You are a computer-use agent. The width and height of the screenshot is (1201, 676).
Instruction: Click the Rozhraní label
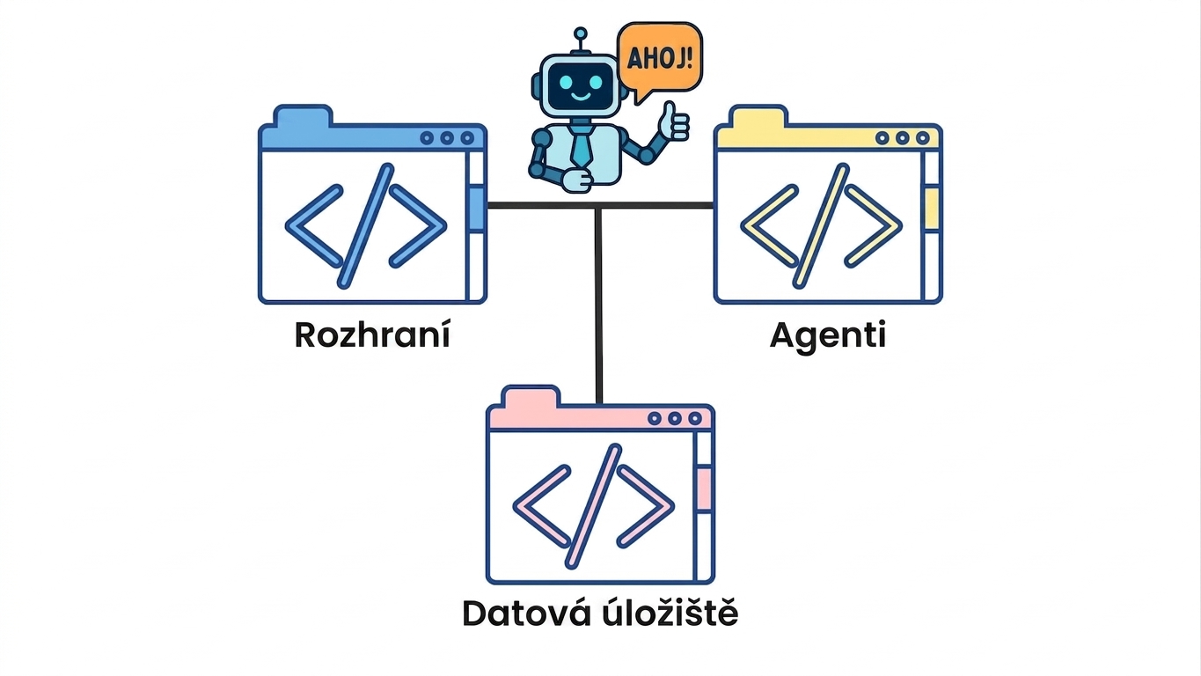[x=372, y=334]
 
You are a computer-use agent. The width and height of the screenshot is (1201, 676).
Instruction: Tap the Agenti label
[x=828, y=337]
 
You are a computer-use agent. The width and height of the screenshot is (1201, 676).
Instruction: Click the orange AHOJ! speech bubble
[x=660, y=59]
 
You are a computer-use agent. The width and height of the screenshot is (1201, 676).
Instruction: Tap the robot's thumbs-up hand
[x=673, y=122]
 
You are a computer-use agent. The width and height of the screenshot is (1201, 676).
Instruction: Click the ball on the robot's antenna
[x=580, y=34]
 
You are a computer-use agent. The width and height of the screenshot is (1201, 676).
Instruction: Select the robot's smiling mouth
[x=581, y=97]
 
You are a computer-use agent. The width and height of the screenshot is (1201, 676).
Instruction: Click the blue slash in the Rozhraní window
[x=366, y=226]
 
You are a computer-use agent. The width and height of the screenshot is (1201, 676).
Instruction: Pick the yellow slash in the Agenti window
[x=821, y=226]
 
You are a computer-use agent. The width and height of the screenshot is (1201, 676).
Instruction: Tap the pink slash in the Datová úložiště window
[x=594, y=506]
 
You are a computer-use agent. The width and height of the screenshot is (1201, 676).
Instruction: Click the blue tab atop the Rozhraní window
[x=303, y=116]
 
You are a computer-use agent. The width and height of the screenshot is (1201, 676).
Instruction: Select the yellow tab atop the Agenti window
[x=758, y=116]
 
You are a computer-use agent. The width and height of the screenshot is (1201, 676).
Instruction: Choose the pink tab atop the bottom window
[x=531, y=396]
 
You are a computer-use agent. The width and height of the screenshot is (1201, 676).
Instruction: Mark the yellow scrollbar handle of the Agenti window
[x=932, y=208]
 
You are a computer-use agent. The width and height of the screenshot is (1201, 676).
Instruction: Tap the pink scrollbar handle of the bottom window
[x=704, y=489]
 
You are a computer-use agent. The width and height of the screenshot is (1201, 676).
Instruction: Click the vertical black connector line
[x=599, y=305]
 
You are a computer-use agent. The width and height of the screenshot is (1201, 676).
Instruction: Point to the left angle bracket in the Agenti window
[x=769, y=226]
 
